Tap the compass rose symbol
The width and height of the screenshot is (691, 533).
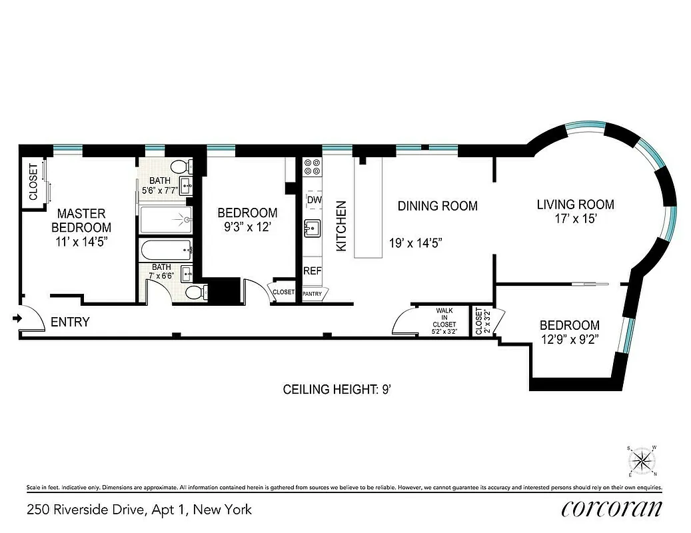click(x=642, y=460)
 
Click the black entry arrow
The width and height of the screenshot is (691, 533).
click(x=17, y=320)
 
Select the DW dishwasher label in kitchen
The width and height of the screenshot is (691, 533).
click(x=314, y=199)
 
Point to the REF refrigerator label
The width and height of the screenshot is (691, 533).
click(x=313, y=271)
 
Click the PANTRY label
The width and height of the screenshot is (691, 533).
click(x=313, y=293)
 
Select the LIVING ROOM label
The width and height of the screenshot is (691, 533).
click(x=575, y=205)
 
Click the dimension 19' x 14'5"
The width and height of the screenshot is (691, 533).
click(x=416, y=243)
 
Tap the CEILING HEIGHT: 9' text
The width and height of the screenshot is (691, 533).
click(x=337, y=389)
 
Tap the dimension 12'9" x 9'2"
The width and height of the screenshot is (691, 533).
click(x=570, y=340)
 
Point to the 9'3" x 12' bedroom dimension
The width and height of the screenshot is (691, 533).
click(x=247, y=227)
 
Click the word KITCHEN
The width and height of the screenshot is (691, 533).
click(x=341, y=226)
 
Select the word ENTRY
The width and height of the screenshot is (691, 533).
click(x=70, y=322)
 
